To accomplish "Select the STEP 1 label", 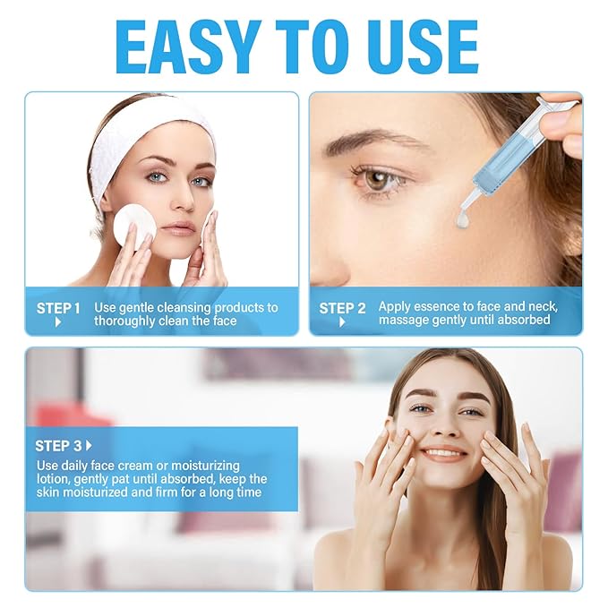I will click(x=58, y=308).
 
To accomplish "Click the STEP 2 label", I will click(x=342, y=308).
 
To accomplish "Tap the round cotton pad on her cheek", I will click(x=133, y=224).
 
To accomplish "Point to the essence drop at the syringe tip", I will click(x=463, y=219).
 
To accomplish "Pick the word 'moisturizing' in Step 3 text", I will click(x=202, y=466).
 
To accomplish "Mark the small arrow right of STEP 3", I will click(x=89, y=445).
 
